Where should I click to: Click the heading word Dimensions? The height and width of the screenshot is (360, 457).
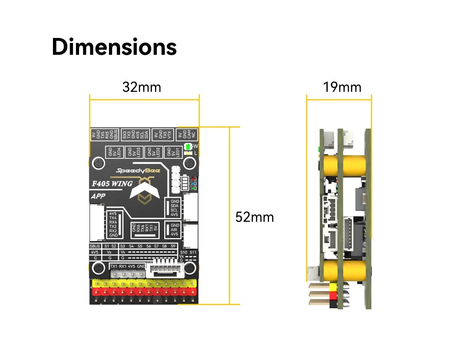(x=114, y=47)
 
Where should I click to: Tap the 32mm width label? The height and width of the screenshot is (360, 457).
(x=142, y=87)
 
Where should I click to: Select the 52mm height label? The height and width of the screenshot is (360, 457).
(x=254, y=217)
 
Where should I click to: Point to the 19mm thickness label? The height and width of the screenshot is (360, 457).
(x=342, y=87)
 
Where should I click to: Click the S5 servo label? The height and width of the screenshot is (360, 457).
(x=140, y=246)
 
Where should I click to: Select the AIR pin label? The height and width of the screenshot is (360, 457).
(x=175, y=230)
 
